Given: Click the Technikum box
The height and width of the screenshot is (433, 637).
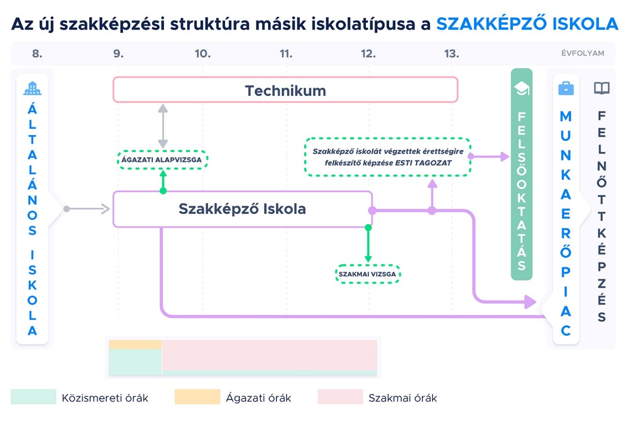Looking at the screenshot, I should (x=285, y=90).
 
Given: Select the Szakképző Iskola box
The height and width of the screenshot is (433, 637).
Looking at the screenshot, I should (x=242, y=209).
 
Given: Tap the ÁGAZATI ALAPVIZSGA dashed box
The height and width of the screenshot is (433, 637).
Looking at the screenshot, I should (x=162, y=160).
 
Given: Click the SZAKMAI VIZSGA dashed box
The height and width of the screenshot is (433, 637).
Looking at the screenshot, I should (x=367, y=274).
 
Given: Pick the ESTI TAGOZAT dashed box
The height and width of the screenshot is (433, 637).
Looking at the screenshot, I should (x=388, y=157).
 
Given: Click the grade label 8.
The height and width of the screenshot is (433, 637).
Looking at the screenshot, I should (x=37, y=54).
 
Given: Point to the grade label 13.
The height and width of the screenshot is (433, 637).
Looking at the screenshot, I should (x=451, y=54).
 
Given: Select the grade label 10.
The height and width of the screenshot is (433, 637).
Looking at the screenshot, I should (x=203, y=54).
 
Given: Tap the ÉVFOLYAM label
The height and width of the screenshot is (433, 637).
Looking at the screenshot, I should (x=582, y=53).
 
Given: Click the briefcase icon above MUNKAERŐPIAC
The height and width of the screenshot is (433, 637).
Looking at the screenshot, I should (x=566, y=88).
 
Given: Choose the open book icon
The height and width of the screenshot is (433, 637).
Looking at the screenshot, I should (x=602, y=88).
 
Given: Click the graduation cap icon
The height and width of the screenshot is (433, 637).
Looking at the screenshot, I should (x=522, y=88).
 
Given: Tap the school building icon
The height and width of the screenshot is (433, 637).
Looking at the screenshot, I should (x=32, y=88).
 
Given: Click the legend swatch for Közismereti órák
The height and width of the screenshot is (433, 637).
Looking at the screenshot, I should (x=34, y=397).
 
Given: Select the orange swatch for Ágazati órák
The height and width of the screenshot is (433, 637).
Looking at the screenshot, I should (x=197, y=397).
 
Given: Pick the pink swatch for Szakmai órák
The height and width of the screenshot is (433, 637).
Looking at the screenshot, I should (x=340, y=397).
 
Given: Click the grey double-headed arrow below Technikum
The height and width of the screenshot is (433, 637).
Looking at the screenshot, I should (x=163, y=126).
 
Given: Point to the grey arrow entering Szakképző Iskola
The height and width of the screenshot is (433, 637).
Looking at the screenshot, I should (x=87, y=209).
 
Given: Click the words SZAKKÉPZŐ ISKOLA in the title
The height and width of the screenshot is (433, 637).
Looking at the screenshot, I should (x=527, y=24).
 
